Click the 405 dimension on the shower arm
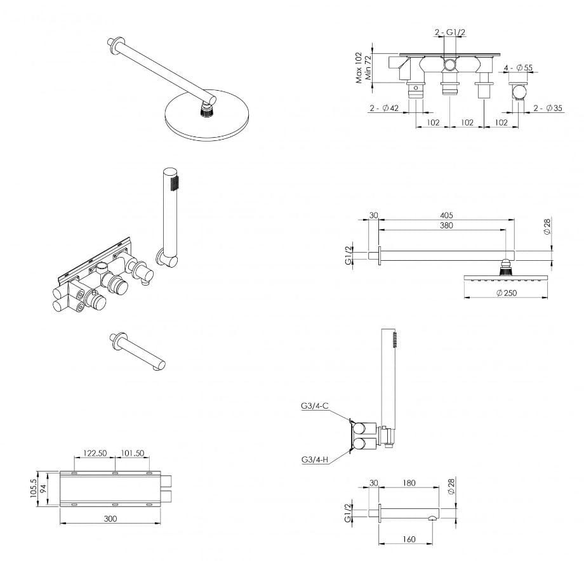446,215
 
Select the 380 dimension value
446,225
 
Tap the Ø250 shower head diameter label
507,293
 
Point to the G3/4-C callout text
315,406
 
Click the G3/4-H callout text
315,459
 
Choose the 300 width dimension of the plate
110,518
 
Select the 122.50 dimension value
95,453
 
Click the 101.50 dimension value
132,453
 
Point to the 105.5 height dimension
34,488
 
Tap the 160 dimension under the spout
409,539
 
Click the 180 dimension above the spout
409,483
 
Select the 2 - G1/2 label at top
450,32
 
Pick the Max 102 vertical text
359,67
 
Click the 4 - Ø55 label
518,68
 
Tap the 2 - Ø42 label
384,109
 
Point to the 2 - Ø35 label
548,109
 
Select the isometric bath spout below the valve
138,351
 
